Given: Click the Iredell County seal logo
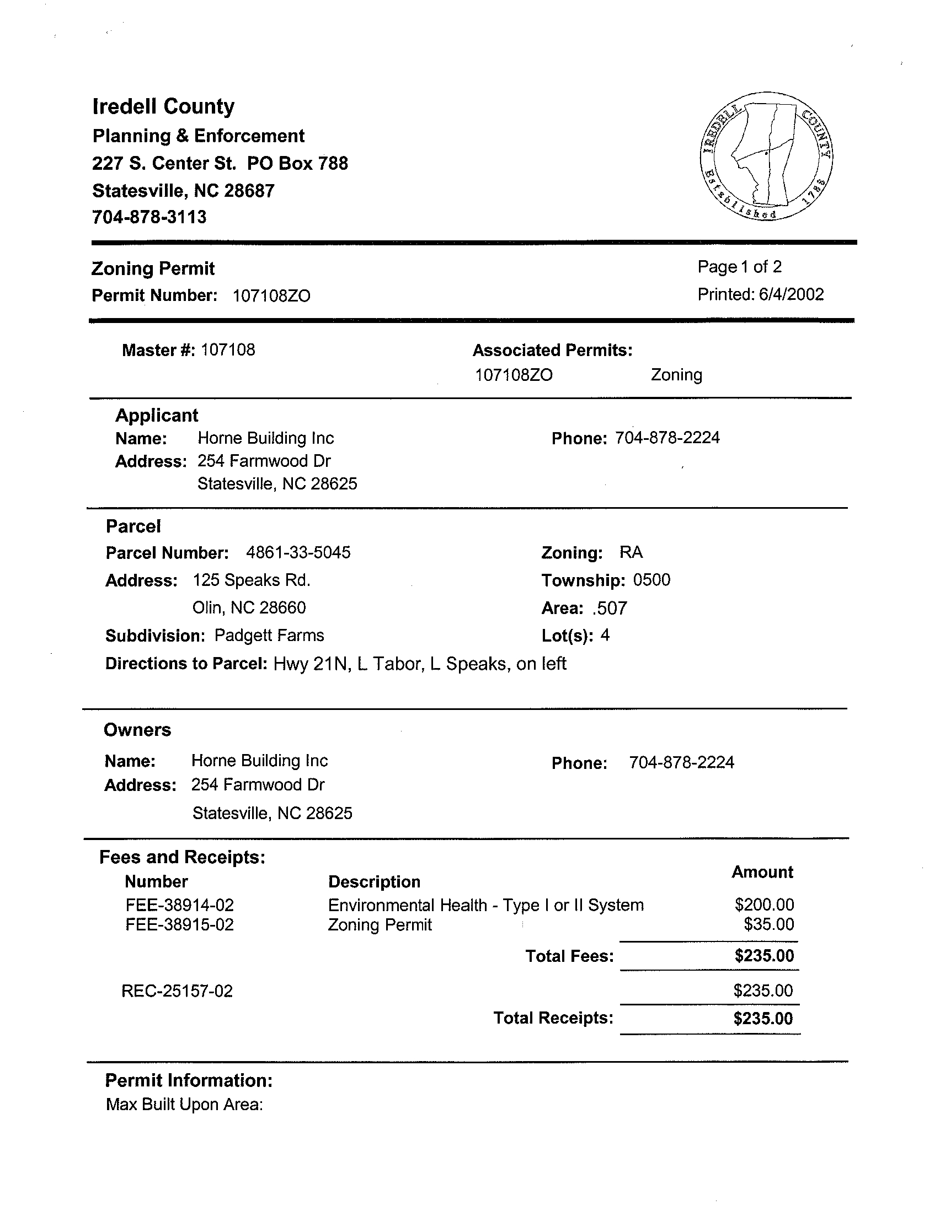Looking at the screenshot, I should pos(766,156).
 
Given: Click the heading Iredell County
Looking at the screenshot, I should pos(163,106).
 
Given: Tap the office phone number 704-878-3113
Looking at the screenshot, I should pos(149,217).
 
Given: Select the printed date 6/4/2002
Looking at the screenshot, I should pos(791,294).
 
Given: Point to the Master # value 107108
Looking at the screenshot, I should pos(228,350).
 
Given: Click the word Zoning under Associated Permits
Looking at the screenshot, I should pos(676,375).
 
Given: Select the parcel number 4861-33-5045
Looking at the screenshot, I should pos(298,553).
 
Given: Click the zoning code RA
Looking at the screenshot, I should pos(631,552).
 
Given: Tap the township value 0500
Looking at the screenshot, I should pos(651,580).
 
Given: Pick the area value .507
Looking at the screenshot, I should pos(609,609).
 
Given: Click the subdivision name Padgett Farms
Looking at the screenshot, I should pos(269,636).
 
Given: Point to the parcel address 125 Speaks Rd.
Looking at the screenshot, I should pos(252,580).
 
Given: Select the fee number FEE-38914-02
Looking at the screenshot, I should pos(179,906).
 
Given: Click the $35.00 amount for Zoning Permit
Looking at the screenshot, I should pos(768,924).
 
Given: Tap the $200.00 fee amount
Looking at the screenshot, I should pos(764,905).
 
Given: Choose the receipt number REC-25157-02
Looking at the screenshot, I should pos(177,991).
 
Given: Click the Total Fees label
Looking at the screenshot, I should pos(569,956).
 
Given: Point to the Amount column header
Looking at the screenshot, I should pos(762,872).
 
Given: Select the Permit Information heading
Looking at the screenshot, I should pos(189,1080).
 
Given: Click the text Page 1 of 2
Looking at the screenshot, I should pos(739,267).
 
